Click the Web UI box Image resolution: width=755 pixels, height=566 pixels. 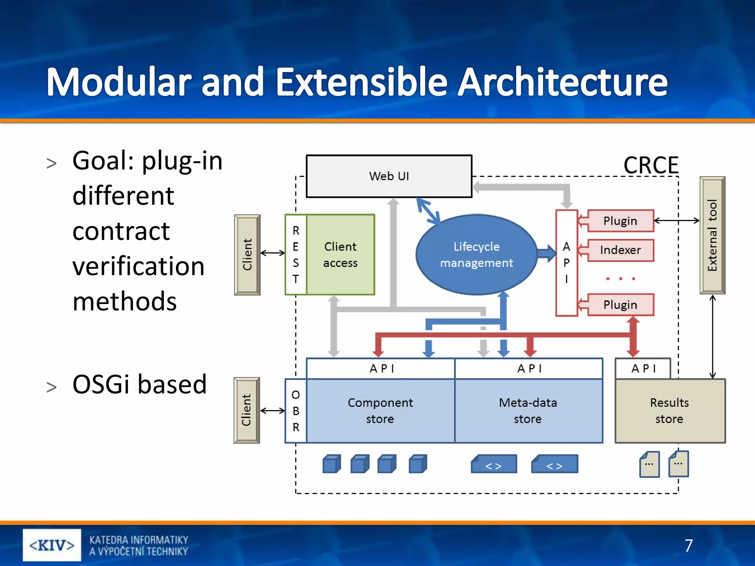[x=389, y=176]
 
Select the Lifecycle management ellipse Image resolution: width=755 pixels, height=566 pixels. [x=476, y=254]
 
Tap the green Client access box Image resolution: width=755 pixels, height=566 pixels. [x=340, y=254]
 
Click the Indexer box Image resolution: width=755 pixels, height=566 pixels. [x=620, y=250]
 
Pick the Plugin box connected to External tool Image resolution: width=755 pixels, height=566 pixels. [x=620, y=221]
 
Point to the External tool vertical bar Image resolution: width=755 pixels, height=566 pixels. [x=712, y=235]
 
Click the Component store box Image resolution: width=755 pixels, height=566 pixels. [x=380, y=410]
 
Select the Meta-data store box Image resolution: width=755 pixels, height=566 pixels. [x=528, y=410]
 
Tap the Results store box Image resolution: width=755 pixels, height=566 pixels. [x=669, y=410]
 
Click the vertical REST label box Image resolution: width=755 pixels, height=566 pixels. [x=296, y=254]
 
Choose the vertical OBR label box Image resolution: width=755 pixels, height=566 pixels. [x=296, y=410]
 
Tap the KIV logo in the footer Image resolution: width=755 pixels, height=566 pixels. [x=52, y=545]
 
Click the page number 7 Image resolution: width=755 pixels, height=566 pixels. [x=689, y=545]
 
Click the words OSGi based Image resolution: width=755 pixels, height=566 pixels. [x=139, y=384]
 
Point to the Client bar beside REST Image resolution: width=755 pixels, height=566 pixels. [x=247, y=254]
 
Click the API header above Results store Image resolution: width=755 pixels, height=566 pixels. [x=643, y=368]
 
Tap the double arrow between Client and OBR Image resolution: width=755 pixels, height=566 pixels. [x=272, y=410]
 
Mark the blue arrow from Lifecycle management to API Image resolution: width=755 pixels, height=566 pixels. [x=546, y=253]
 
